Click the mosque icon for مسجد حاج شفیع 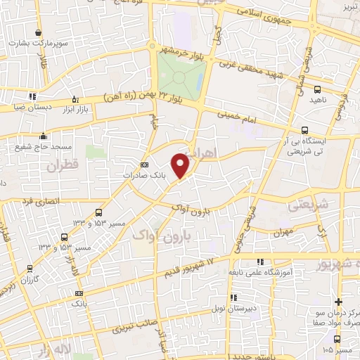(44, 136)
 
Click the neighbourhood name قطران (60, 167)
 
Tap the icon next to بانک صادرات (145, 165)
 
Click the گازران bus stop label (27, 279)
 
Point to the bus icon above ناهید (316, 89)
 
